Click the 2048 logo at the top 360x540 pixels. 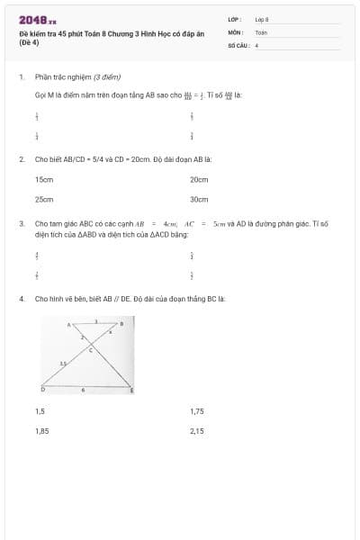[37, 20]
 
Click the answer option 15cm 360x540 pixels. [44, 180]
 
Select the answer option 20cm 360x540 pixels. [199, 180]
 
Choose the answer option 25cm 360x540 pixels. [44, 200]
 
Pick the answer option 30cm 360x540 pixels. [199, 200]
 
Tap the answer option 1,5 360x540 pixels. [40, 411]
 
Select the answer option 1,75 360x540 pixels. [197, 411]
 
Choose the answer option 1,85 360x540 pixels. [41, 431]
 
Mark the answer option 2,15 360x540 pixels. [197, 431]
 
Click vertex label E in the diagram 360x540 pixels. [132, 390]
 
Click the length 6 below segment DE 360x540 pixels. [84, 390]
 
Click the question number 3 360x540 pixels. [21, 222]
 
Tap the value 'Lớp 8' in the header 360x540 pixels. [262, 19]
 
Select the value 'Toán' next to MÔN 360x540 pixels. [261, 31]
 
